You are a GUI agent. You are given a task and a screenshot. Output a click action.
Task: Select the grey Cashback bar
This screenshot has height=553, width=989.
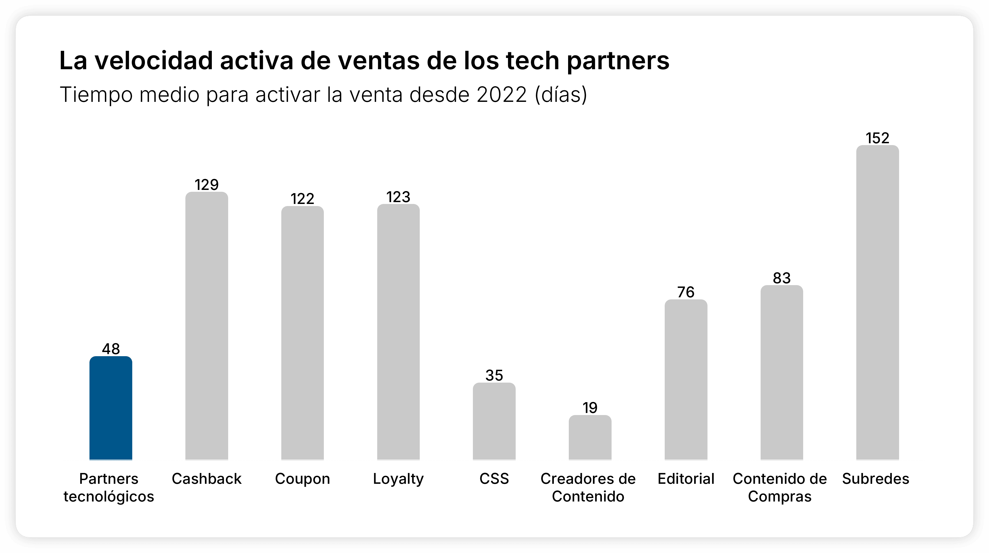coord(207,326)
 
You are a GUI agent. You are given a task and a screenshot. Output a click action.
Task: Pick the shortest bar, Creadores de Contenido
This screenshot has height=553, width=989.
coord(590,438)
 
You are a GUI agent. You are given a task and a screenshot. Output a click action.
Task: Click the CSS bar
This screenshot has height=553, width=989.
coord(494,421)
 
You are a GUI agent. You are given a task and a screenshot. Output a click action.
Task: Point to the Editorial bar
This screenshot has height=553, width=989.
coord(686,380)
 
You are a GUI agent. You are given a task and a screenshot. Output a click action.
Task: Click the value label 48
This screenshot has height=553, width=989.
coord(111,349)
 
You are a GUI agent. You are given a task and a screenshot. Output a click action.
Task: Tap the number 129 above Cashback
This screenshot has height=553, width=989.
coord(207,185)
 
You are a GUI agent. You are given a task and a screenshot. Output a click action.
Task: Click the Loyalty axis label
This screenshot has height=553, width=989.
coord(398,479)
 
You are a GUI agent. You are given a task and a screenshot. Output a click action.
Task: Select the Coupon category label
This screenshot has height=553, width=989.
coord(302,479)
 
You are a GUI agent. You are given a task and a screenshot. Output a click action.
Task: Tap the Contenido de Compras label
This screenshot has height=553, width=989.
coord(780,487)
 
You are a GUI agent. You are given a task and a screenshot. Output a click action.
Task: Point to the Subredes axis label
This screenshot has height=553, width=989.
coord(876,479)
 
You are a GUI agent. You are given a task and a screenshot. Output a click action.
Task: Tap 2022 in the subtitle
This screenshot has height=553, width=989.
coord(501,95)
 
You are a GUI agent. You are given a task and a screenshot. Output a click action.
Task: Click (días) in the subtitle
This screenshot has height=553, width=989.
coord(561,95)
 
